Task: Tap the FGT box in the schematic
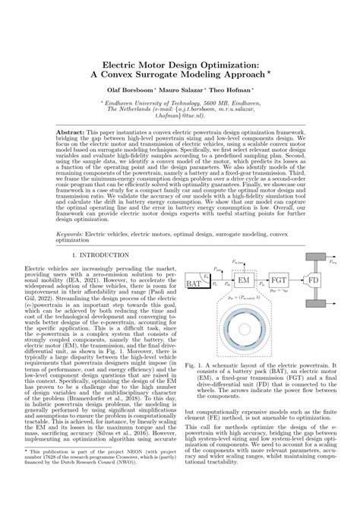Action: (x=279, y=281)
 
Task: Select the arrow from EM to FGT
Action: (x=262, y=281)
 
